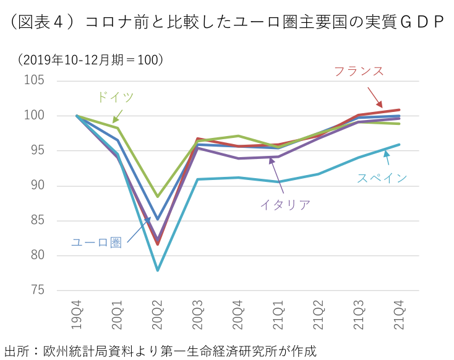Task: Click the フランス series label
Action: [359, 71]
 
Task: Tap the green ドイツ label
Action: [115, 97]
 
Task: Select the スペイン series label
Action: [382, 178]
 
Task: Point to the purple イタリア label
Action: [285, 205]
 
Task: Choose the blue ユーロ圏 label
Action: [96, 242]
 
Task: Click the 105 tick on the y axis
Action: [34, 80]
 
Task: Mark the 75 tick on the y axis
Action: [37, 290]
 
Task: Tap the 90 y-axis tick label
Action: [37, 186]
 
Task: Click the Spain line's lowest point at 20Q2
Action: [158, 270]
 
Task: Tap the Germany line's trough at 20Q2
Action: [158, 196]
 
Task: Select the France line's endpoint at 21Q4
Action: [399, 110]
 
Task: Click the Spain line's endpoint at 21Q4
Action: [399, 145]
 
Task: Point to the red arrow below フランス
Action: [375, 97]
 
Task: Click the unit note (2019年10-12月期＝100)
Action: [90, 59]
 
